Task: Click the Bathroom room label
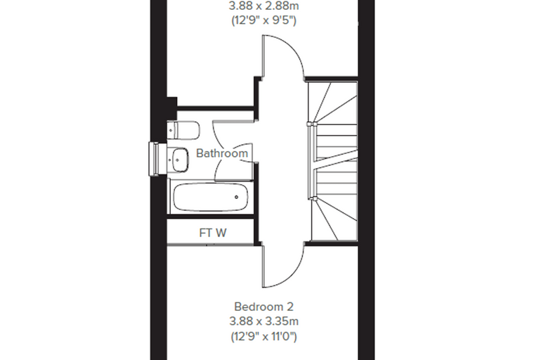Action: pos(222,153)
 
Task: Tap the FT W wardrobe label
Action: pos(213,233)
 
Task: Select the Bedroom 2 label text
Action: pos(263,307)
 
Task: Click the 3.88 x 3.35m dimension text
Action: pos(263,321)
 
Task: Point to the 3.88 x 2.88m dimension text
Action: pos(263,6)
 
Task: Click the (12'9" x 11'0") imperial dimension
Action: pos(263,337)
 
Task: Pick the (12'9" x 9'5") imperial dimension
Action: pos(263,21)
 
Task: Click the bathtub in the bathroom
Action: pos(211,198)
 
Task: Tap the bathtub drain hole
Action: pos(236,197)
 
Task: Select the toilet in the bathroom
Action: pos(183,130)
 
